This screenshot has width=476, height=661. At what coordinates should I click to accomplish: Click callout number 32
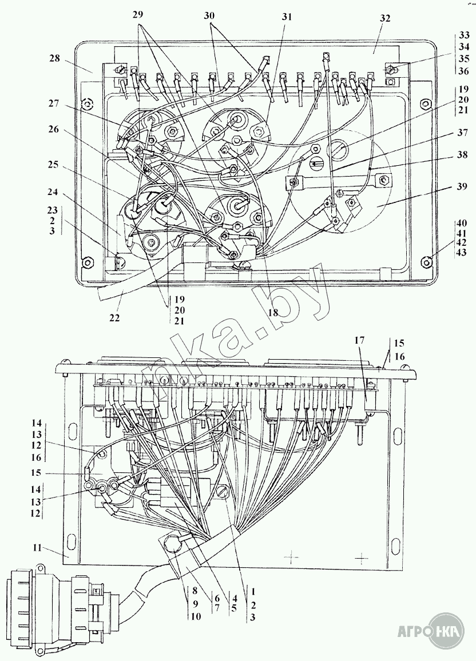(x=384, y=18)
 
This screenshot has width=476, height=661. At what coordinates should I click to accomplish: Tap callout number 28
(x=55, y=58)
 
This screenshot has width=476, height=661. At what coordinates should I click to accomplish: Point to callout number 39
(x=462, y=186)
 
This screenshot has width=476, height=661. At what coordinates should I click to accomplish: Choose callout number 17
(x=359, y=340)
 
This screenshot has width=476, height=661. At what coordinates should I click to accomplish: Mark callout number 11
(x=37, y=548)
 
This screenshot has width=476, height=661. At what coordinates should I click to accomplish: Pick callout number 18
(x=273, y=312)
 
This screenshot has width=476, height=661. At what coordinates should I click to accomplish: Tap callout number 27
(x=54, y=102)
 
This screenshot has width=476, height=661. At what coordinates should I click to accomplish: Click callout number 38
(x=462, y=155)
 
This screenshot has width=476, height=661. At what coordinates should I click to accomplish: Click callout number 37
(x=462, y=132)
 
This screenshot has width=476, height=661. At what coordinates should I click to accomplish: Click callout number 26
(x=54, y=129)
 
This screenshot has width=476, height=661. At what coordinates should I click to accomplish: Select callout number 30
(x=209, y=16)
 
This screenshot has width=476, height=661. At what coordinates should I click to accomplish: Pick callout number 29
(x=138, y=14)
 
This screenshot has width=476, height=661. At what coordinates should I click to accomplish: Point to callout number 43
(x=462, y=252)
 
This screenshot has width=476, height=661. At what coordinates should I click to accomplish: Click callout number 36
(x=464, y=71)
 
